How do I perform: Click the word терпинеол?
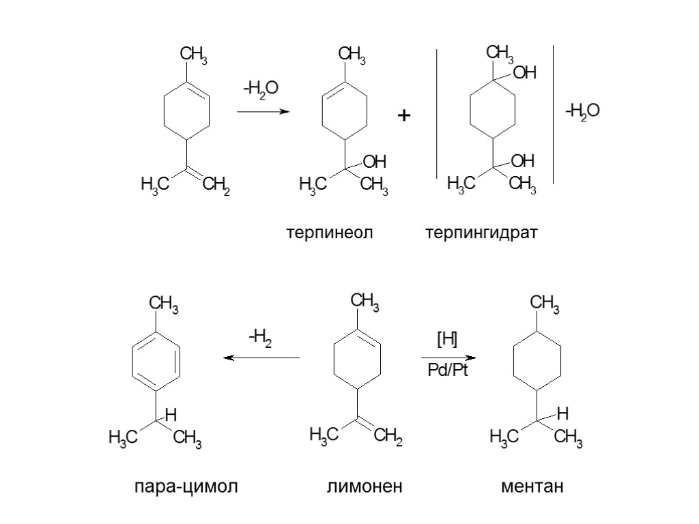point(330,233)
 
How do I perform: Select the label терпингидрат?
point(481,233)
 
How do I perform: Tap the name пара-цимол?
point(186,487)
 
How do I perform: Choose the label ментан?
point(532,487)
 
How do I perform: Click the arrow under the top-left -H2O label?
point(263,111)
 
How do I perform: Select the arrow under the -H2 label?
point(262,358)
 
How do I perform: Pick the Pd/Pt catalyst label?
point(448,370)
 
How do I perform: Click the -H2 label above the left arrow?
point(260,336)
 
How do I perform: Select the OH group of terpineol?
point(374,162)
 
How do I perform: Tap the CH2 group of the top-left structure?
point(216,186)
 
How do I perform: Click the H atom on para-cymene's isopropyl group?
point(171,413)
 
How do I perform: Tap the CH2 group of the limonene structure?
point(388,435)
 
